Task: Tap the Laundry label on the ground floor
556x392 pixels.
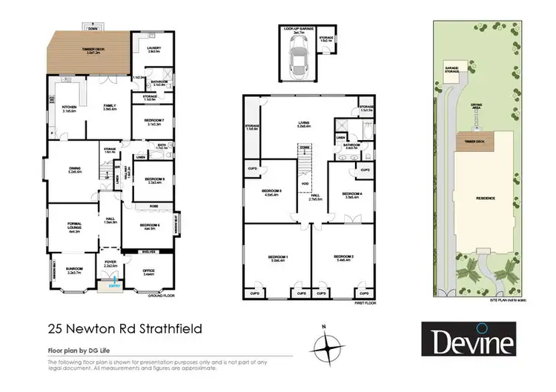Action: tap(154, 50)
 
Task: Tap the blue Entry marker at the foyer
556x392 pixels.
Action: tap(113, 285)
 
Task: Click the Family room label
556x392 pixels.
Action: tap(109, 107)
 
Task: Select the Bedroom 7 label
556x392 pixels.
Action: tap(154, 123)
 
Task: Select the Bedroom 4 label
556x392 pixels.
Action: tap(352, 195)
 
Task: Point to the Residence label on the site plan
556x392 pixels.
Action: tap(485, 199)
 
